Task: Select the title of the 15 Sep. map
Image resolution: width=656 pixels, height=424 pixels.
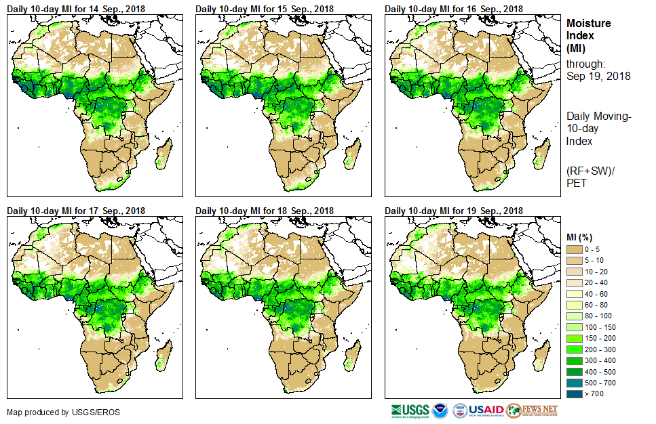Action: coord(265,8)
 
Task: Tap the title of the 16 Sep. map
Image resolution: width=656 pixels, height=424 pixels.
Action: coord(454,8)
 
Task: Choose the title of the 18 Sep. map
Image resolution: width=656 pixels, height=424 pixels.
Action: coord(265,211)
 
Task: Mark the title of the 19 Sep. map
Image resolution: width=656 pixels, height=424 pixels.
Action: coord(454,211)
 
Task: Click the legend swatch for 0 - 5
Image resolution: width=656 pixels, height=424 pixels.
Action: coord(575,249)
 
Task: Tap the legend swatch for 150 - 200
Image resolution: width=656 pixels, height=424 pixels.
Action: coord(575,337)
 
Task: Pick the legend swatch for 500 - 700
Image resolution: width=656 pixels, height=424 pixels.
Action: coord(575,382)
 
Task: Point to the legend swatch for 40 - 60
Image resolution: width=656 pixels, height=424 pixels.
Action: coord(575,293)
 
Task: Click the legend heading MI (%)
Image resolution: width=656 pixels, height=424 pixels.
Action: coord(581,236)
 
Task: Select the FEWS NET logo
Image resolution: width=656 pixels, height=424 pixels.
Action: coord(533,410)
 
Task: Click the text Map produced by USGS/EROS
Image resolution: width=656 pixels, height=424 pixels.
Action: coord(54,412)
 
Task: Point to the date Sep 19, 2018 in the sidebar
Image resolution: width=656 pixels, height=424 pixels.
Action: coord(598,76)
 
